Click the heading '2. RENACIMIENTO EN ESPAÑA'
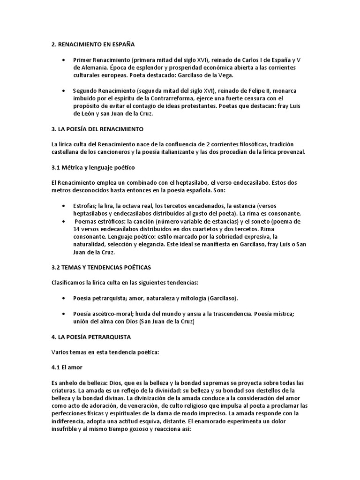pos(93,45)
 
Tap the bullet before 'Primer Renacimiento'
pos(64,60)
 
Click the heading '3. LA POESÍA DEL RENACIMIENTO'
pos(97,128)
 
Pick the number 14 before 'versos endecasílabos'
pos(77,229)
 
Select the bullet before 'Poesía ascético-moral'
pos(64,314)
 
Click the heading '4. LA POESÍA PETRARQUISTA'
pos(91,337)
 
